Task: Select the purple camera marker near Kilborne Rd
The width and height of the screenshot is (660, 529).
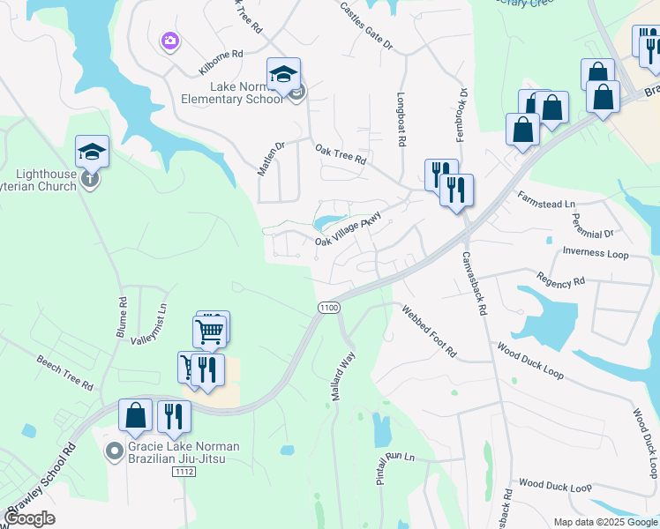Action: (x=169, y=41)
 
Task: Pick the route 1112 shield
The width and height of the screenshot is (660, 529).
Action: (x=184, y=473)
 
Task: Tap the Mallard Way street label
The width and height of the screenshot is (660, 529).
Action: (x=342, y=377)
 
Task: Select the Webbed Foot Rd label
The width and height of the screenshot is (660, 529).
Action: (x=429, y=331)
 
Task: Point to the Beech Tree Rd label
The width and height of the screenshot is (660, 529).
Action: (x=64, y=373)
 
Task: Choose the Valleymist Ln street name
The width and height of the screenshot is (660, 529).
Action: (x=148, y=325)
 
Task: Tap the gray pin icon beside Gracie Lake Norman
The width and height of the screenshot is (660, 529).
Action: (x=114, y=452)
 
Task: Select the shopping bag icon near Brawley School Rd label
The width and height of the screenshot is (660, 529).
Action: (x=136, y=415)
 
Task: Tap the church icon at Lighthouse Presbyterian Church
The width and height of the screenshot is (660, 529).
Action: (x=89, y=180)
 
